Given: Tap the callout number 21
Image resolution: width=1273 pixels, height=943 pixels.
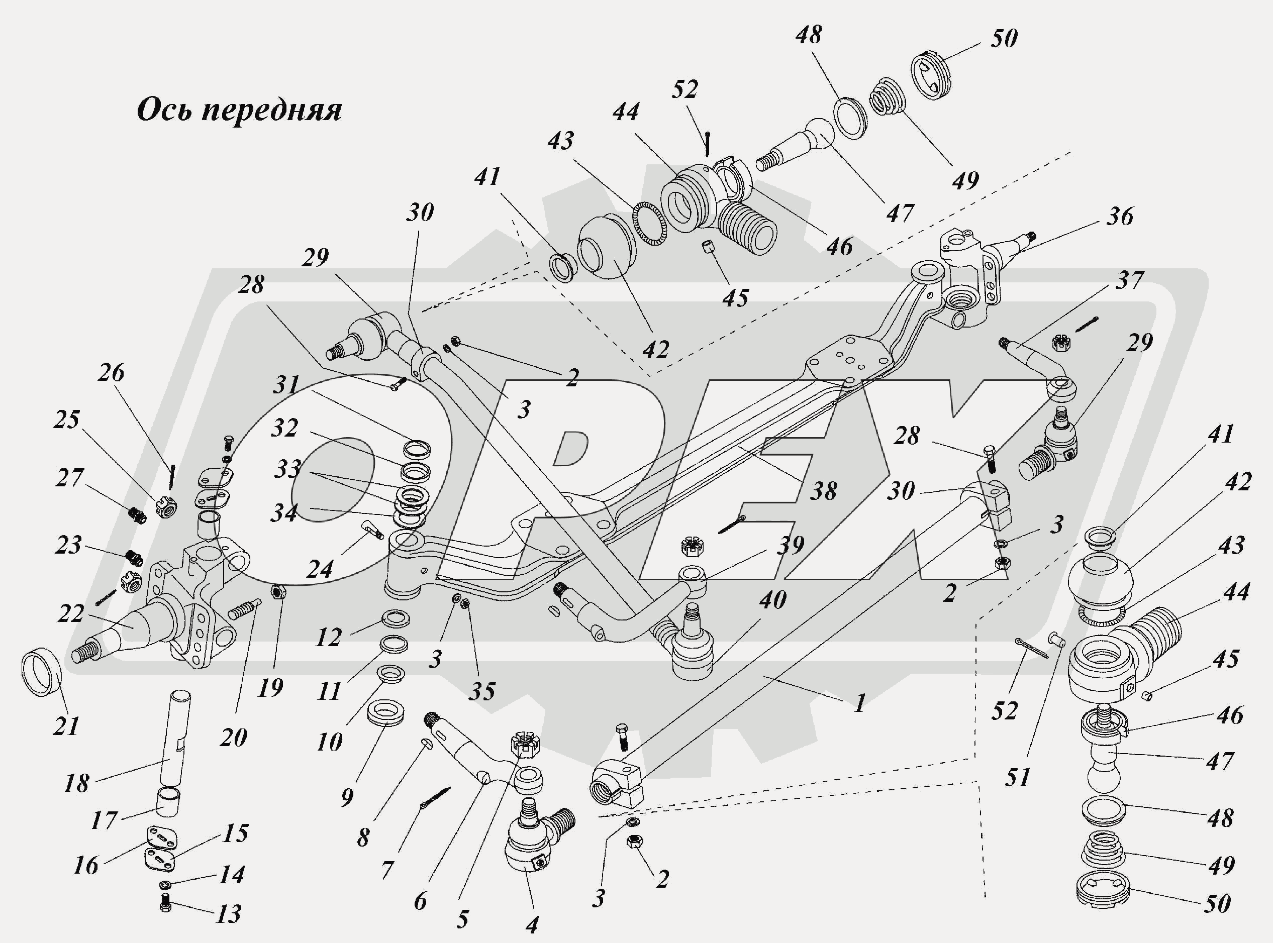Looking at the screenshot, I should pyautogui.click(x=66, y=726).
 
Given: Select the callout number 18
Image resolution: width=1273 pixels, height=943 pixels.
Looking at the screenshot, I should pyautogui.click(x=76, y=783).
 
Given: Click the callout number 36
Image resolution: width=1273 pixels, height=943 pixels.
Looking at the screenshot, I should pyautogui.click(x=1119, y=217).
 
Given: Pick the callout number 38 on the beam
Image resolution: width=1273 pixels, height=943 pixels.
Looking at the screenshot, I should pyautogui.click(x=823, y=490).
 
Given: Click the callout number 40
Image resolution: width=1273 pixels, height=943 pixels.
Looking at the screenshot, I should pyautogui.click(x=773, y=599).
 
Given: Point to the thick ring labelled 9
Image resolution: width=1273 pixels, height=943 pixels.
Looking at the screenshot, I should pyautogui.click(x=384, y=714).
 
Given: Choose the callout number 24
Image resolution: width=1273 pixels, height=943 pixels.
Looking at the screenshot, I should pyautogui.click(x=319, y=569).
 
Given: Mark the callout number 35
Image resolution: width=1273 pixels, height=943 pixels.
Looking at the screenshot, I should pyautogui.click(x=482, y=691).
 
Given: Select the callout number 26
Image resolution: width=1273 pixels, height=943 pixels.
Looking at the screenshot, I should pyautogui.click(x=111, y=372).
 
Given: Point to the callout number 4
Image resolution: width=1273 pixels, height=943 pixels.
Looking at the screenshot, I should pyautogui.click(x=531, y=925).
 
